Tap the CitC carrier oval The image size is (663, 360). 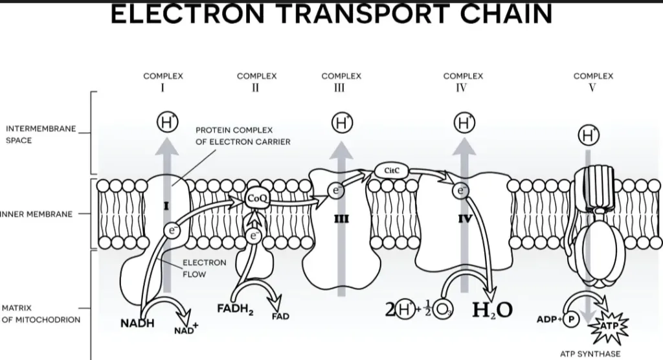pyautogui.click(x=391, y=171)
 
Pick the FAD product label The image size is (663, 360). pyautogui.click(x=280, y=317)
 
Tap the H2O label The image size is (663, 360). pyautogui.click(x=492, y=311)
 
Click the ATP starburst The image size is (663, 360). pyautogui.click(x=609, y=325)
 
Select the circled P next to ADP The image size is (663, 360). pyautogui.click(x=571, y=320)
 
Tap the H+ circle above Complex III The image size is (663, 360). pyautogui.click(x=341, y=122)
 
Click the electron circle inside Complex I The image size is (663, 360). pyautogui.click(x=172, y=229)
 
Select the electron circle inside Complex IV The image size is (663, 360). pyautogui.click(x=461, y=190)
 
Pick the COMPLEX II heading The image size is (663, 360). pyautogui.click(x=256, y=82)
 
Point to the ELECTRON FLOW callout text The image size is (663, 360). pyautogui.click(x=204, y=268)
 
